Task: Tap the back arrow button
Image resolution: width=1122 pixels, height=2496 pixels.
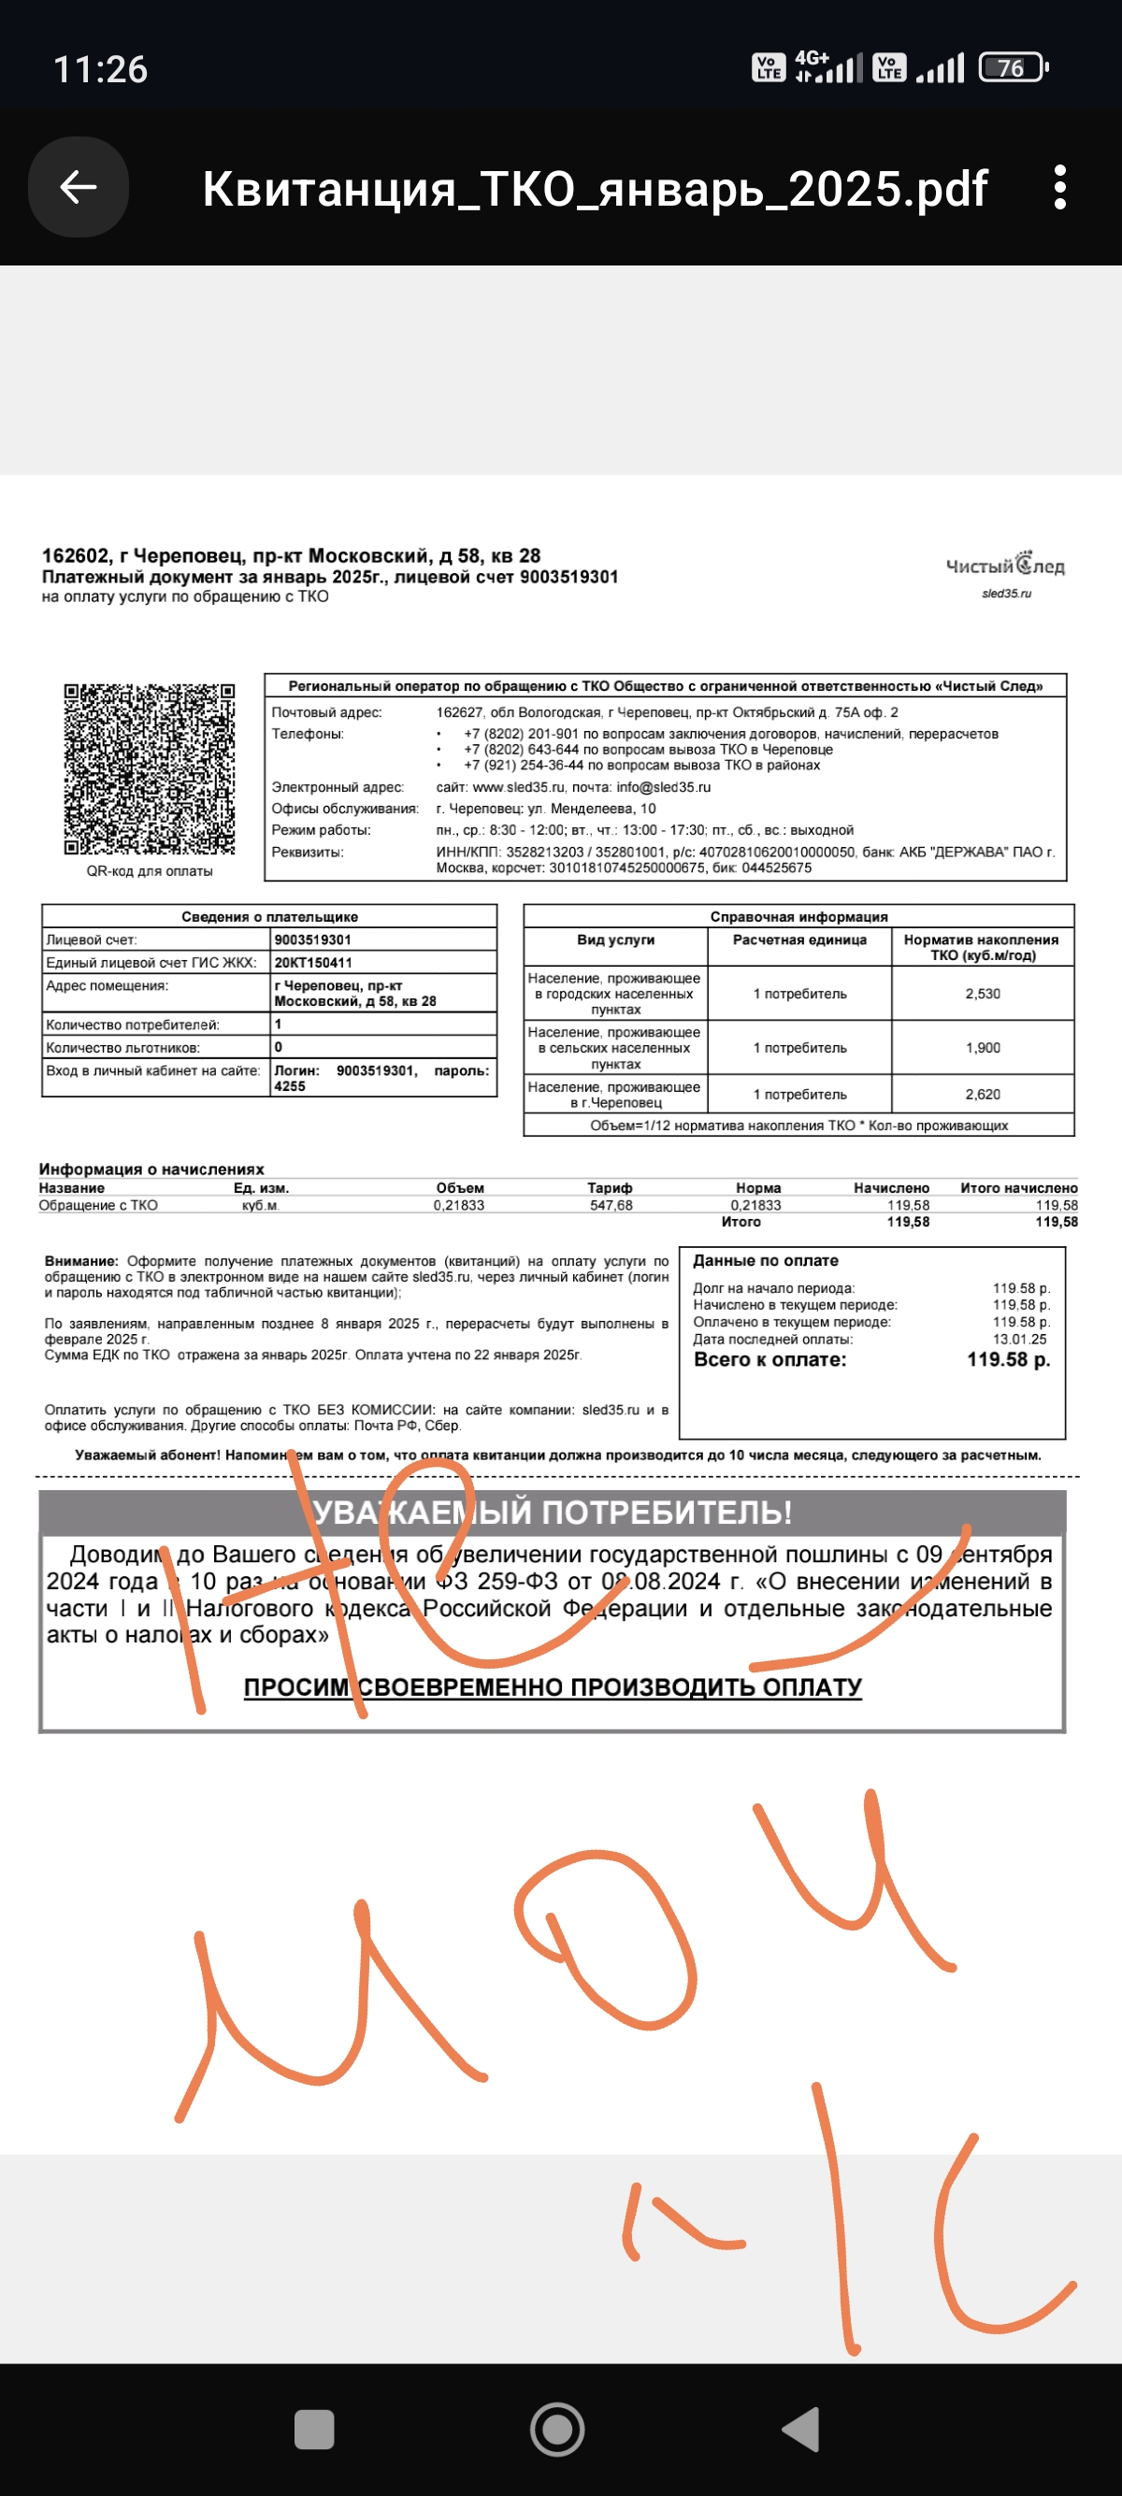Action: [79, 187]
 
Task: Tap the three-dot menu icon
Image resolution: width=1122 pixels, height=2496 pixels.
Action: [1060, 187]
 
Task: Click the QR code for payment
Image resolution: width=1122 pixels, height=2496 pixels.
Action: [150, 769]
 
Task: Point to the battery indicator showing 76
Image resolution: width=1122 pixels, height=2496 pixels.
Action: [1013, 68]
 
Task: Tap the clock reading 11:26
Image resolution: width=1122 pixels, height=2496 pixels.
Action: [100, 70]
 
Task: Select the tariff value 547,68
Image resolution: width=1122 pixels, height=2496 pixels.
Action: [611, 1205]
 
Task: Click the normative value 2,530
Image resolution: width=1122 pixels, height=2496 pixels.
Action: [983, 994]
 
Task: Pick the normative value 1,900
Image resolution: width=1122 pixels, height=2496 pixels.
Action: [983, 1048]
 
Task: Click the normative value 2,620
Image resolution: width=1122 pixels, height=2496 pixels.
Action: [983, 1095]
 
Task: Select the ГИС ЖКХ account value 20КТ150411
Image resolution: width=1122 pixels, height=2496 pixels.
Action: [313, 963]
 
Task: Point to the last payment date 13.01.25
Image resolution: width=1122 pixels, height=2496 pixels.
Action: [1019, 1339]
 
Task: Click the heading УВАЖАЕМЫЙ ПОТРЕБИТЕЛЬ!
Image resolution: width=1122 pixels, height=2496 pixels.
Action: [553, 1513]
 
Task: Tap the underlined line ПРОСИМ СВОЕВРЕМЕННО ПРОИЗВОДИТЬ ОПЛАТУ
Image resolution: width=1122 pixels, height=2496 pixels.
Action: [553, 1688]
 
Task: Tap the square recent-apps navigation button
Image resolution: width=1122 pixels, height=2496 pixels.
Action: [314, 2429]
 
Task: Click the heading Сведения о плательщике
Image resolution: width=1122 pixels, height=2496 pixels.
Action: [269, 917]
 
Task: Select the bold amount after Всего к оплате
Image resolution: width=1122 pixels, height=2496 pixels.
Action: [1008, 1360]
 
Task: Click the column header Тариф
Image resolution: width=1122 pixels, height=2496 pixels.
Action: [610, 1188]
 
